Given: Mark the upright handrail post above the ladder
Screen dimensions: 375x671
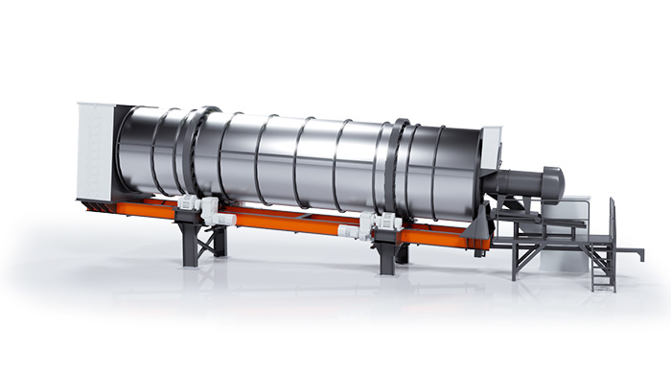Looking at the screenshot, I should [x=612, y=225].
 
